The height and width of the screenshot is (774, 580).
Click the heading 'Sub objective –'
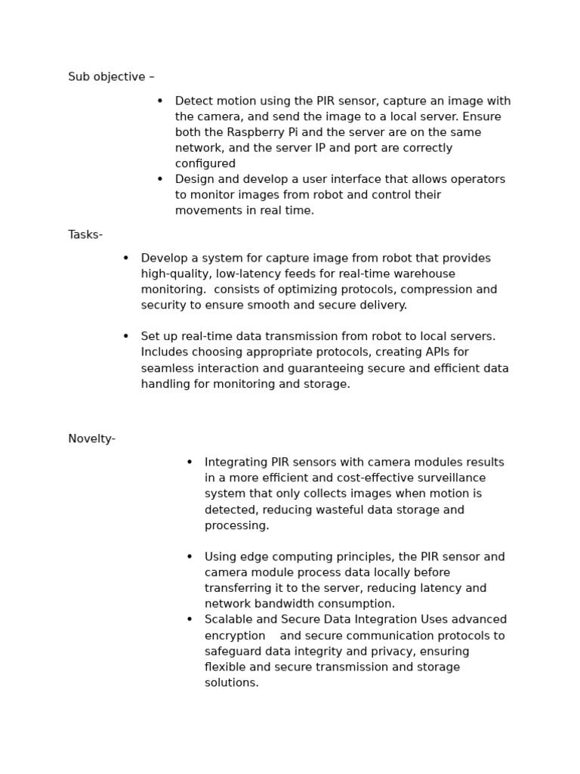(x=111, y=77)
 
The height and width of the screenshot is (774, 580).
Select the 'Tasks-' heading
(x=85, y=235)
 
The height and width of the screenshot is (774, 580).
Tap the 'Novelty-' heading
(x=91, y=439)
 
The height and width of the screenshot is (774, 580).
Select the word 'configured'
(x=205, y=164)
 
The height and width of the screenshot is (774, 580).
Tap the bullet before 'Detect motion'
(x=160, y=101)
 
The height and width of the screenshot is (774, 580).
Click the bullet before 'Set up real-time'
(x=126, y=336)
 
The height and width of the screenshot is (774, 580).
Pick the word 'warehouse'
(x=428, y=274)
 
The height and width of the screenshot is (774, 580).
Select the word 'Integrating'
(x=236, y=463)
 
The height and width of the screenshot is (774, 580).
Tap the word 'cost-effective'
(x=350, y=478)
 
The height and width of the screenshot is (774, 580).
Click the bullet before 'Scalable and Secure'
(x=190, y=620)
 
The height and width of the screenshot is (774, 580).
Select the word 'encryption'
(x=235, y=636)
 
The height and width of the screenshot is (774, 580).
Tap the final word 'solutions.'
(x=232, y=683)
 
